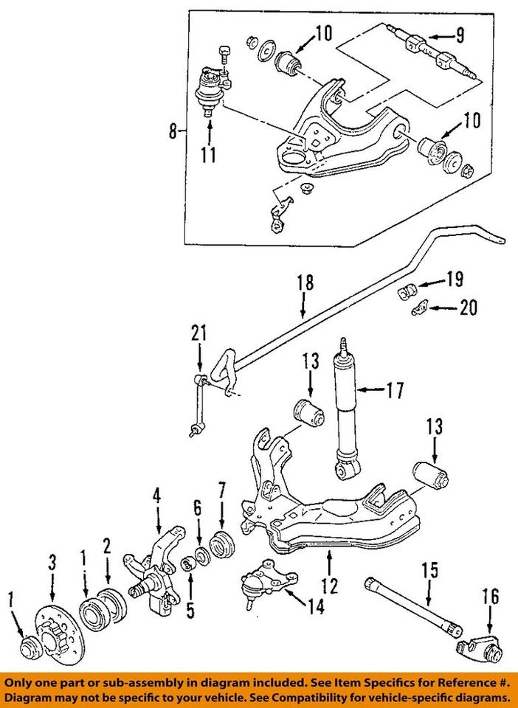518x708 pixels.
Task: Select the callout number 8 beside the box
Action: pyautogui.click(x=173, y=132)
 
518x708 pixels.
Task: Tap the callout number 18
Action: pyautogui.click(x=305, y=282)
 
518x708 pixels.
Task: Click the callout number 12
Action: pyautogui.click(x=329, y=586)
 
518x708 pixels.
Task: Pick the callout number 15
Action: pyautogui.click(x=429, y=570)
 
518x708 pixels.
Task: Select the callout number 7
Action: pyautogui.click(x=221, y=490)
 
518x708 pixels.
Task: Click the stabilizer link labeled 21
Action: pyautogui.click(x=198, y=406)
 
